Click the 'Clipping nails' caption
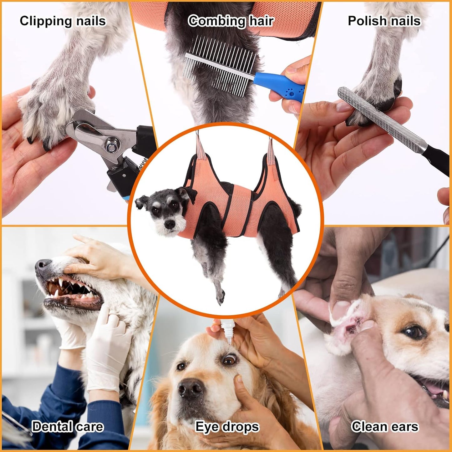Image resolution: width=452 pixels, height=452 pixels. (x=63, y=21)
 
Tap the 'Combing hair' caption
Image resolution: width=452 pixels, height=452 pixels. (x=231, y=21)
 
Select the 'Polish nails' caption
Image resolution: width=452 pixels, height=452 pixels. (x=384, y=21)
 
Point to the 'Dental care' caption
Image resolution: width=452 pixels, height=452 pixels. (x=68, y=427)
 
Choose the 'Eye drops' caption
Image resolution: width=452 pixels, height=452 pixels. (x=227, y=427)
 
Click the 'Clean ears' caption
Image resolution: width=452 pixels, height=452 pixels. (x=385, y=427)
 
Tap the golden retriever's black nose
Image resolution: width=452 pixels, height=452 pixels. (x=190, y=388)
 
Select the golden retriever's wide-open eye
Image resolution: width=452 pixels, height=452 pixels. (x=229, y=360)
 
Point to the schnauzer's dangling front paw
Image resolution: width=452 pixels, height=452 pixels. (x=220, y=296)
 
